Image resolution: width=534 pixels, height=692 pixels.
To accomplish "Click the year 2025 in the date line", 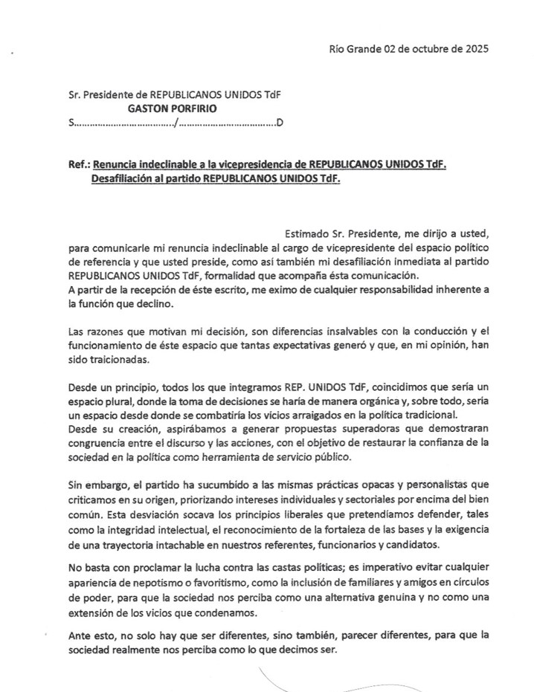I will pos(474,50).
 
